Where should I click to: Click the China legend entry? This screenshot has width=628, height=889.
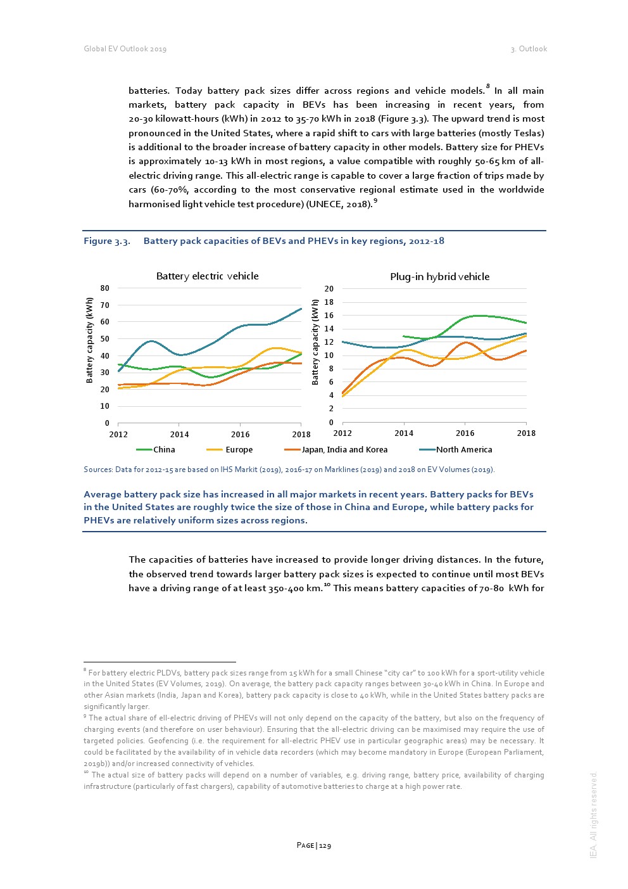point(163,450)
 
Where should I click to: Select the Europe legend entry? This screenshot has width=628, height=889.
point(239,450)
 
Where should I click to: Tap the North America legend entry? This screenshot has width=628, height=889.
point(463,450)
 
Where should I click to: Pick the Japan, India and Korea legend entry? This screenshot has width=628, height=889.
point(344,450)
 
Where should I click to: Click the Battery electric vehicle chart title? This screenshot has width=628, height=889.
point(207,276)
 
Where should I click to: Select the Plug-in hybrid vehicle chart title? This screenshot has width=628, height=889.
point(439,277)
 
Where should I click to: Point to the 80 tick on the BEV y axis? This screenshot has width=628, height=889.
point(104,288)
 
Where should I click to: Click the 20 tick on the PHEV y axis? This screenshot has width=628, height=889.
point(329,289)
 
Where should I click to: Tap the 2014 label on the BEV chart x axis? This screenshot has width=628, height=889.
point(179,435)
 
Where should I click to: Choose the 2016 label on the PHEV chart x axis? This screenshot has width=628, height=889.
point(465,433)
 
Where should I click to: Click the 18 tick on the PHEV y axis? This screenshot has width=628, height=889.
point(329,302)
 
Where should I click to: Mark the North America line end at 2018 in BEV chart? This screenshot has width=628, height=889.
point(301,309)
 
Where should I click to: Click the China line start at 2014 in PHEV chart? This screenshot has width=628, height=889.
point(404,336)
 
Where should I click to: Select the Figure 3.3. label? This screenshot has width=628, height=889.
point(107,241)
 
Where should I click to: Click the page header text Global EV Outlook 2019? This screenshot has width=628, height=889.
point(125,49)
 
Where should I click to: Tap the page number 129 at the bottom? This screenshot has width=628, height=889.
point(325,845)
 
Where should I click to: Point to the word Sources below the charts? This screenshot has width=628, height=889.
point(97,470)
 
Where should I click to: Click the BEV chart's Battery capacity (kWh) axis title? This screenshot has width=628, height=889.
point(89,340)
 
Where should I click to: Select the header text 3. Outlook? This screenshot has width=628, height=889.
point(529,49)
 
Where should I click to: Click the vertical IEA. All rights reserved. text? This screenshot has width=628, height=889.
point(593,815)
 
